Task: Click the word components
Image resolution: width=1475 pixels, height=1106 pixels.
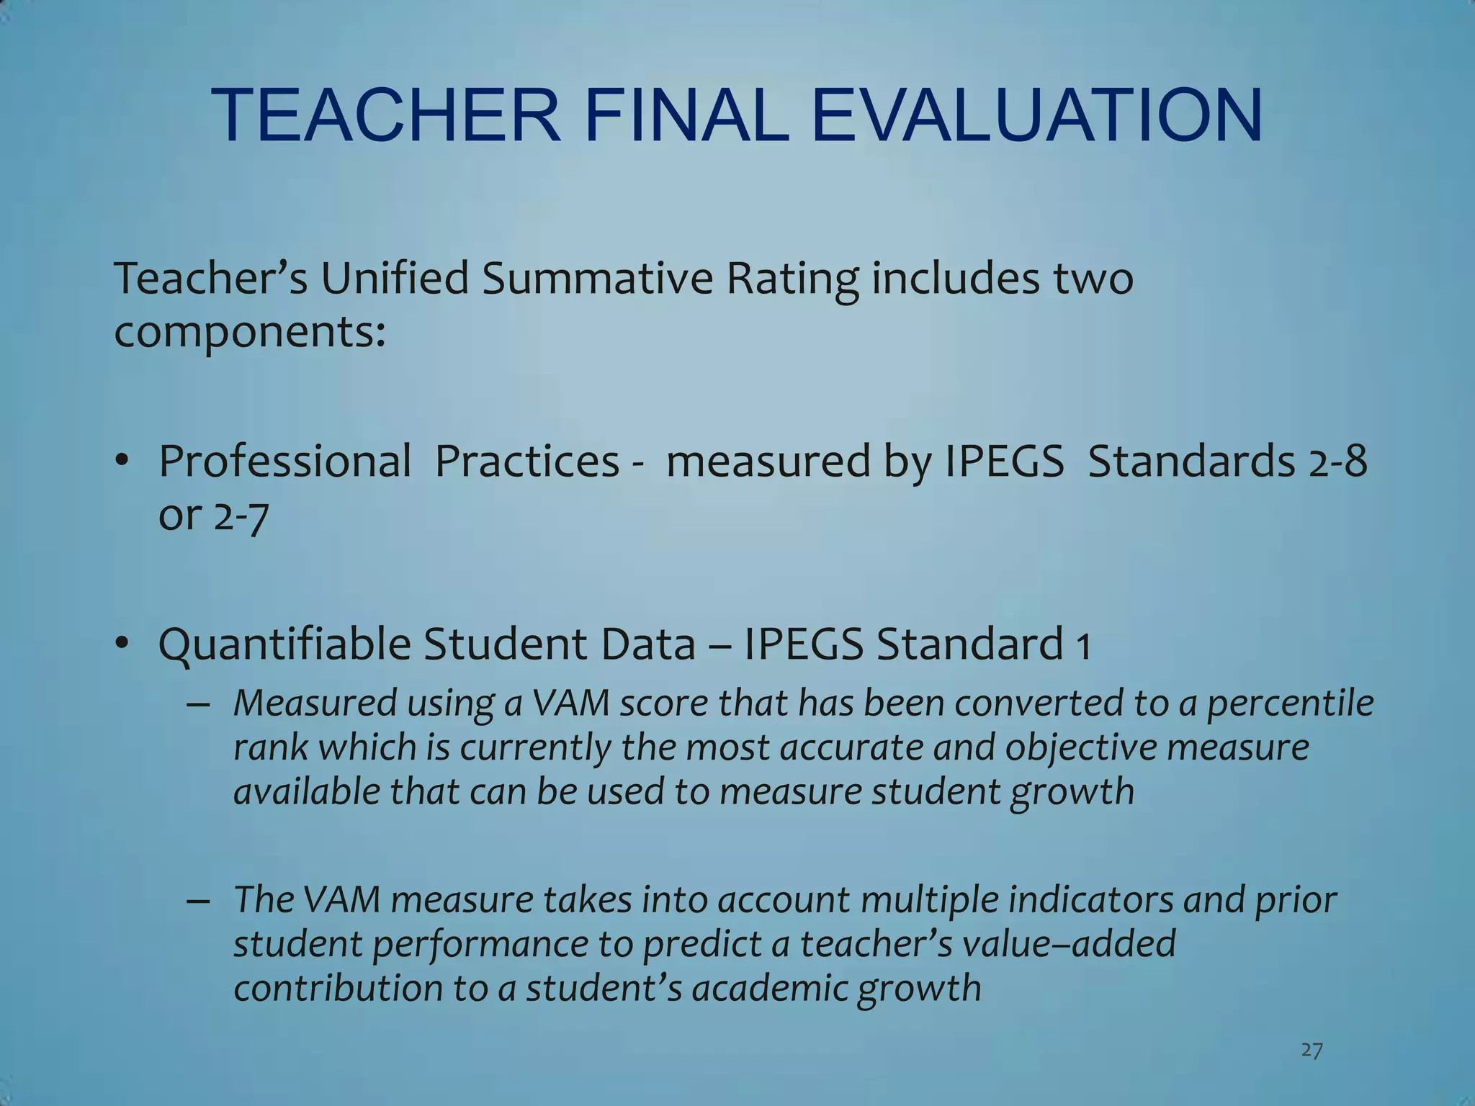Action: pyautogui.click(x=249, y=333)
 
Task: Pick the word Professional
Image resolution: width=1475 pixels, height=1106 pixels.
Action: pyautogui.click(x=284, y=462)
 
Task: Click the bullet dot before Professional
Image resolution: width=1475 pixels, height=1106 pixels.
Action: pyautogui.click(x=123, y=461)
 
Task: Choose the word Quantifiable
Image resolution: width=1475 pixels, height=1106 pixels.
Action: pyautogui.click(x=284, y=644)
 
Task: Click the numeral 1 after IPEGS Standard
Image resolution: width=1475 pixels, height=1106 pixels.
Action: pyautogui.click(x=1082, y=645)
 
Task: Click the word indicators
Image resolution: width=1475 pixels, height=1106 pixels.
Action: pyautogui.click(x=1064, y=899)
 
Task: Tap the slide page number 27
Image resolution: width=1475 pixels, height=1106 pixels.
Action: pyautogui.click(x=1312, y=1051)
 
